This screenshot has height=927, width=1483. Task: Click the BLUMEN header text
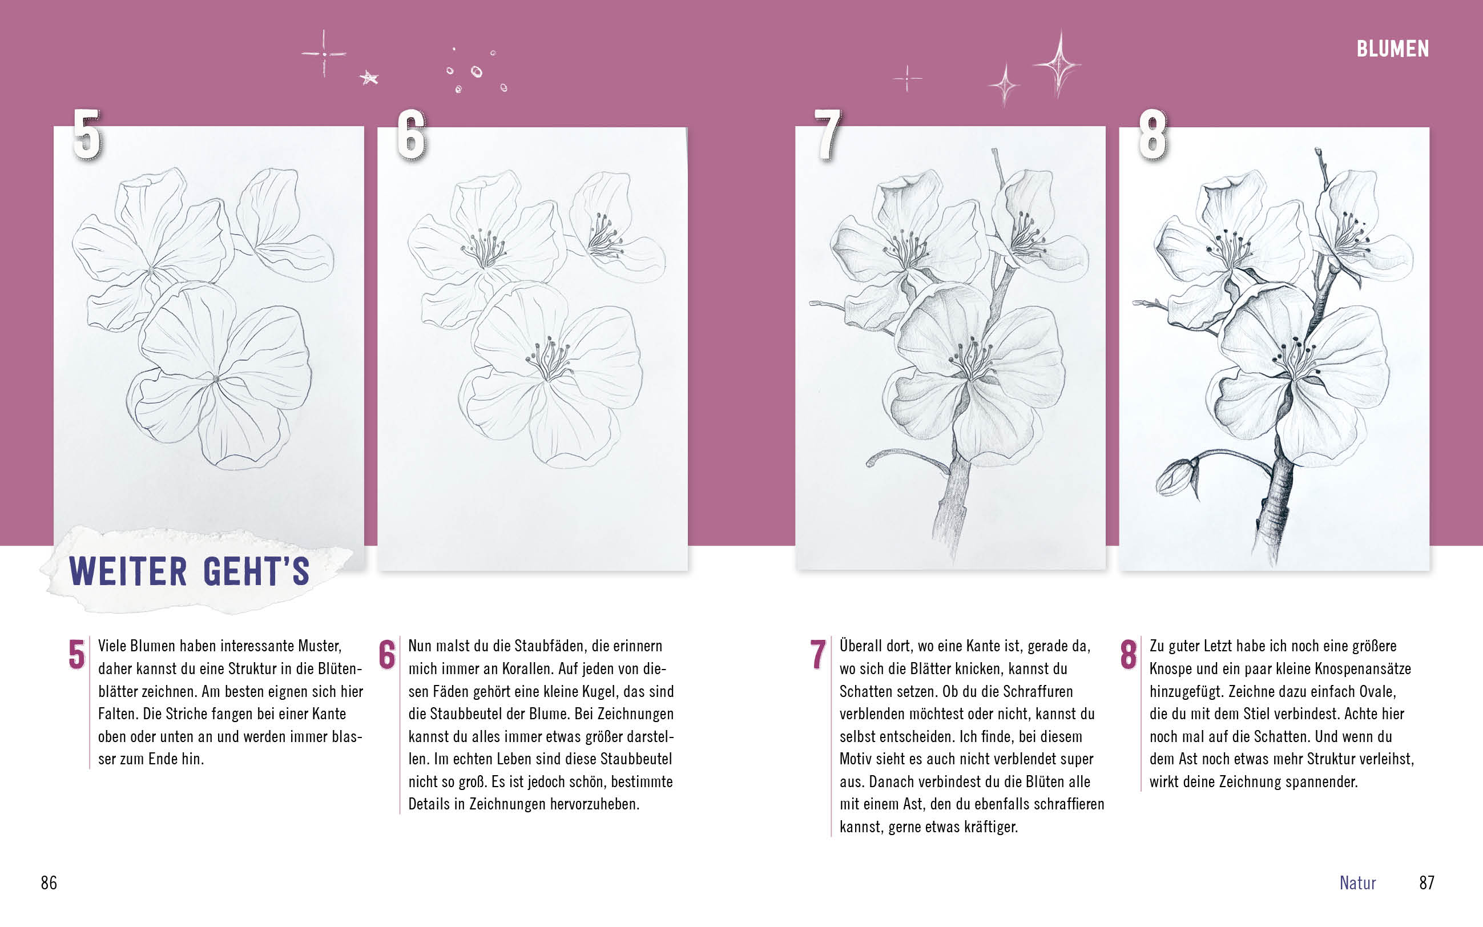[x=1392, y=49]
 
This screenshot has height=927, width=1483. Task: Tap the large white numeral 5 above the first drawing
[x=87, y=135]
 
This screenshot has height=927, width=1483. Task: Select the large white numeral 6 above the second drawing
[x=412, y=135]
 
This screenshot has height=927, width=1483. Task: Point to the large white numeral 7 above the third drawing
[x=828, y=135]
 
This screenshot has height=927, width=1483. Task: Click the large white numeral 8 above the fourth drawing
[x=1152, y=135]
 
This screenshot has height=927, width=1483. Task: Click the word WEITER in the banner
[x=128, y=571]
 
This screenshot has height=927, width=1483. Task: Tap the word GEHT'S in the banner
[x=256, y=571]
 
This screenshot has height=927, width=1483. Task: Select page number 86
[x=49, y=883]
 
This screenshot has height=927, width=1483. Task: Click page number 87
[x=1426, y=883]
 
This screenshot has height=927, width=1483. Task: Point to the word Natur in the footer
[x=1357, y=883]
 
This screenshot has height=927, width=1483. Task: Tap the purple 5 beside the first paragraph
[x=76, y=654]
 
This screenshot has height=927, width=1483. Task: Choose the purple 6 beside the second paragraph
[x=387, y=654]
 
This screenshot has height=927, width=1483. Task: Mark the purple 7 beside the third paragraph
[x=818, y=654]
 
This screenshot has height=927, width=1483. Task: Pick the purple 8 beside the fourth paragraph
[x=1128, y=654]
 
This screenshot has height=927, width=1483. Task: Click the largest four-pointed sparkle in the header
[x=1059, y=63]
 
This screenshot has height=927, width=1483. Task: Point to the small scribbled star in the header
[x=369, y=78]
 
